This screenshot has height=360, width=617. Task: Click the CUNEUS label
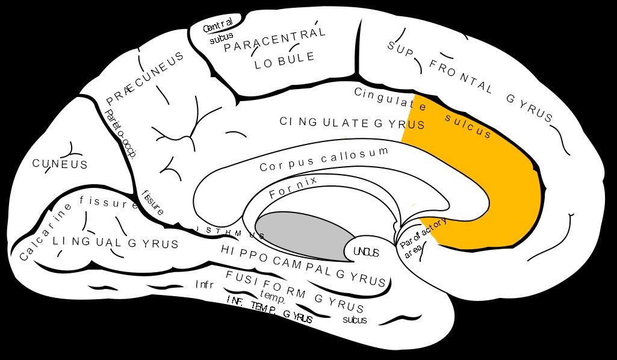click(x=60, y=164)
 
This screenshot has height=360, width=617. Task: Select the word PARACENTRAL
click(x=274, y=39)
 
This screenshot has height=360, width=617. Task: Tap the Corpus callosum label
click(x=324, y=159)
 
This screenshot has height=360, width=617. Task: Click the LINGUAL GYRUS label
click(x=115, y=243)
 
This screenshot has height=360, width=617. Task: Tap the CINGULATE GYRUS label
click(x=352, y=123)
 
